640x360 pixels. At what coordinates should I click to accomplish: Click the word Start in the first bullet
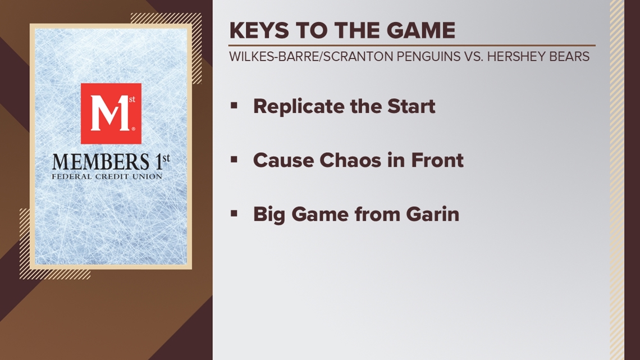tap(413, 106)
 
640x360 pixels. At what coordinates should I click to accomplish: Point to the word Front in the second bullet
tap(437, 160)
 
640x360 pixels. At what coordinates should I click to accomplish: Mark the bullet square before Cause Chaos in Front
tap(234, 160)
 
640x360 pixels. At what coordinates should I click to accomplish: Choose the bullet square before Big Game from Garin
tap(234, 213)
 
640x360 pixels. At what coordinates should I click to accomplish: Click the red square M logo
tap(111, 114)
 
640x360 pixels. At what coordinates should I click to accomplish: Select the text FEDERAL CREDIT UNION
tap(107, 176)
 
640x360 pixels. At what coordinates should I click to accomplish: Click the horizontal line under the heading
tap(412, 45)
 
